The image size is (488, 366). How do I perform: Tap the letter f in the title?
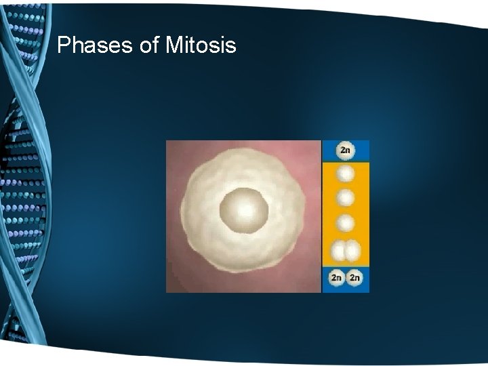150,45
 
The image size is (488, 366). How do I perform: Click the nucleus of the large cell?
244,209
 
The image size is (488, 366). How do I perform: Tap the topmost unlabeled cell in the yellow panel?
346,174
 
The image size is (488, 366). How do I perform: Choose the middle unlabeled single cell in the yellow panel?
346,199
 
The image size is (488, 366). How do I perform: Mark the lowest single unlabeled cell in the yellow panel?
346,223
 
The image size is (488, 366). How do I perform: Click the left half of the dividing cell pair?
340,252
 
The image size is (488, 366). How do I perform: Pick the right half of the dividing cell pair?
352,252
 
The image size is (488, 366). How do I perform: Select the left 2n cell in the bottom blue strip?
337,278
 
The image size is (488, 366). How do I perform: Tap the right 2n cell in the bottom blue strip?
354,278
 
